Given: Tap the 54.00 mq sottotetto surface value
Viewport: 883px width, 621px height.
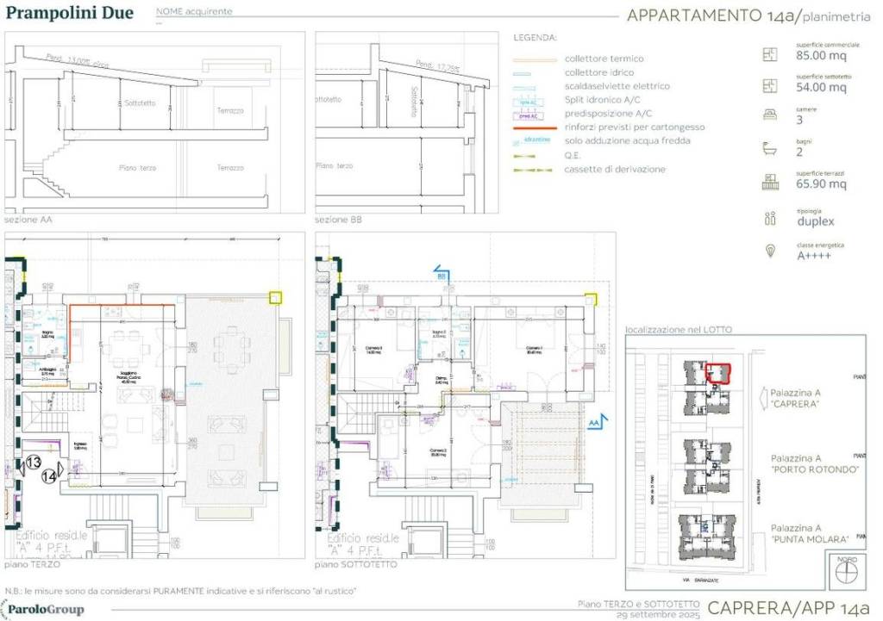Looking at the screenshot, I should click(820, 87).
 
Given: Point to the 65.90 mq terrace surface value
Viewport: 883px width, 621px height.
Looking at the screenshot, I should click(820, 183).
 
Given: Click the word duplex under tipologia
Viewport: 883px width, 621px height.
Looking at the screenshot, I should click(816, 220).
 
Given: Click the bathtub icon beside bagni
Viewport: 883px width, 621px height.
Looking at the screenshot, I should click(769, 149).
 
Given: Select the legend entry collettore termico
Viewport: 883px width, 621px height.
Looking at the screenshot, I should click(604, 59).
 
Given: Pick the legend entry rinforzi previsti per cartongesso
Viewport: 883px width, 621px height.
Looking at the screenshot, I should click(634, 127).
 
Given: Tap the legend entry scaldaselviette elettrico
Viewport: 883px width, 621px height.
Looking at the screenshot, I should click(617, 86).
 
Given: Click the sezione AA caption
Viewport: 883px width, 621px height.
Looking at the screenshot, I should click(28, 220).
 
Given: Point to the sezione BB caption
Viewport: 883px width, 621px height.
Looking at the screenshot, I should click(339, 220).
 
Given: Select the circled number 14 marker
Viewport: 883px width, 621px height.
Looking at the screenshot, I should click(49, 475).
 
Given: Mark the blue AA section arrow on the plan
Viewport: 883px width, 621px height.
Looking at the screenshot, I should click(595, 422).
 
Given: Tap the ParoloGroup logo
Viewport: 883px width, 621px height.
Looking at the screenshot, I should click(45, 610).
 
